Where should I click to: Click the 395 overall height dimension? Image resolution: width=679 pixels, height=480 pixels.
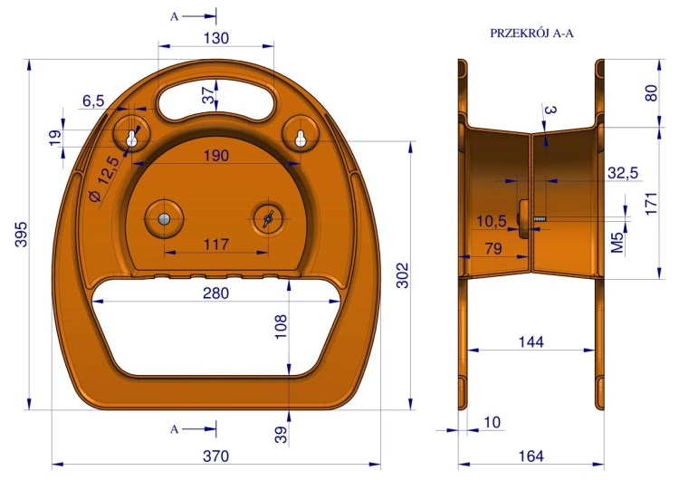click(x=21, y=235)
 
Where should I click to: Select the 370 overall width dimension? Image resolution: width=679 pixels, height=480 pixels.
click(x=215, y=456)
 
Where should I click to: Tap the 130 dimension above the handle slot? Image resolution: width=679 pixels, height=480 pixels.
click(x=216, y=38)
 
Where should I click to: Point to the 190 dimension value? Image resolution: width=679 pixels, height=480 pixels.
click(x=216, y=156)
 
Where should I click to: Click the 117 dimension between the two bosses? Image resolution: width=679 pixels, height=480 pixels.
click(x=216, y=245)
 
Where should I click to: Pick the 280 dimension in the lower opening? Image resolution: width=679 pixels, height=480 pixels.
click(x=215, y=293)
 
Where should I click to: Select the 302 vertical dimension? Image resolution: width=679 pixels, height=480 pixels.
click(x=403, y=275)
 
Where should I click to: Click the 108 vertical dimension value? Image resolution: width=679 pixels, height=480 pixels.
click(x=281, y=327)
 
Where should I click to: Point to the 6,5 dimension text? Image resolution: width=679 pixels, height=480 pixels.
click(x=93, y=101)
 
